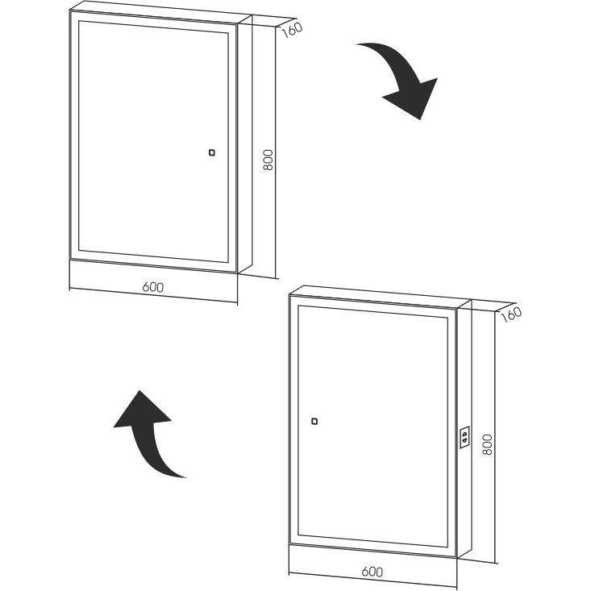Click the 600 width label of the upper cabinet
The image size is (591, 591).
pos(153,287)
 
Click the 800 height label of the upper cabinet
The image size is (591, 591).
pos(268,160)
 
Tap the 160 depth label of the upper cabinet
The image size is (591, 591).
pos(292,30)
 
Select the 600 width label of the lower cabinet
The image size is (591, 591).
pos(372,572)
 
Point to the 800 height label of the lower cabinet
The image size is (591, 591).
pos(487,444)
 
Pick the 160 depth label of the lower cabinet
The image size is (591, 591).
pos(511,314)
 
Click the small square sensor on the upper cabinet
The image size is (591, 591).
pos(212,152)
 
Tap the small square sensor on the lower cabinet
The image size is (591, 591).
pos(314,421)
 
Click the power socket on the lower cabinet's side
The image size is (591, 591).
pos(464,437)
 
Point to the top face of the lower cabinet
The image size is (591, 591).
pos(381,297)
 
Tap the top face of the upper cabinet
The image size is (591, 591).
pos(161,13)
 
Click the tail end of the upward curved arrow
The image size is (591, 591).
pos(185,477)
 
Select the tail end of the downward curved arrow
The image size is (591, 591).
pos(356,44)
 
